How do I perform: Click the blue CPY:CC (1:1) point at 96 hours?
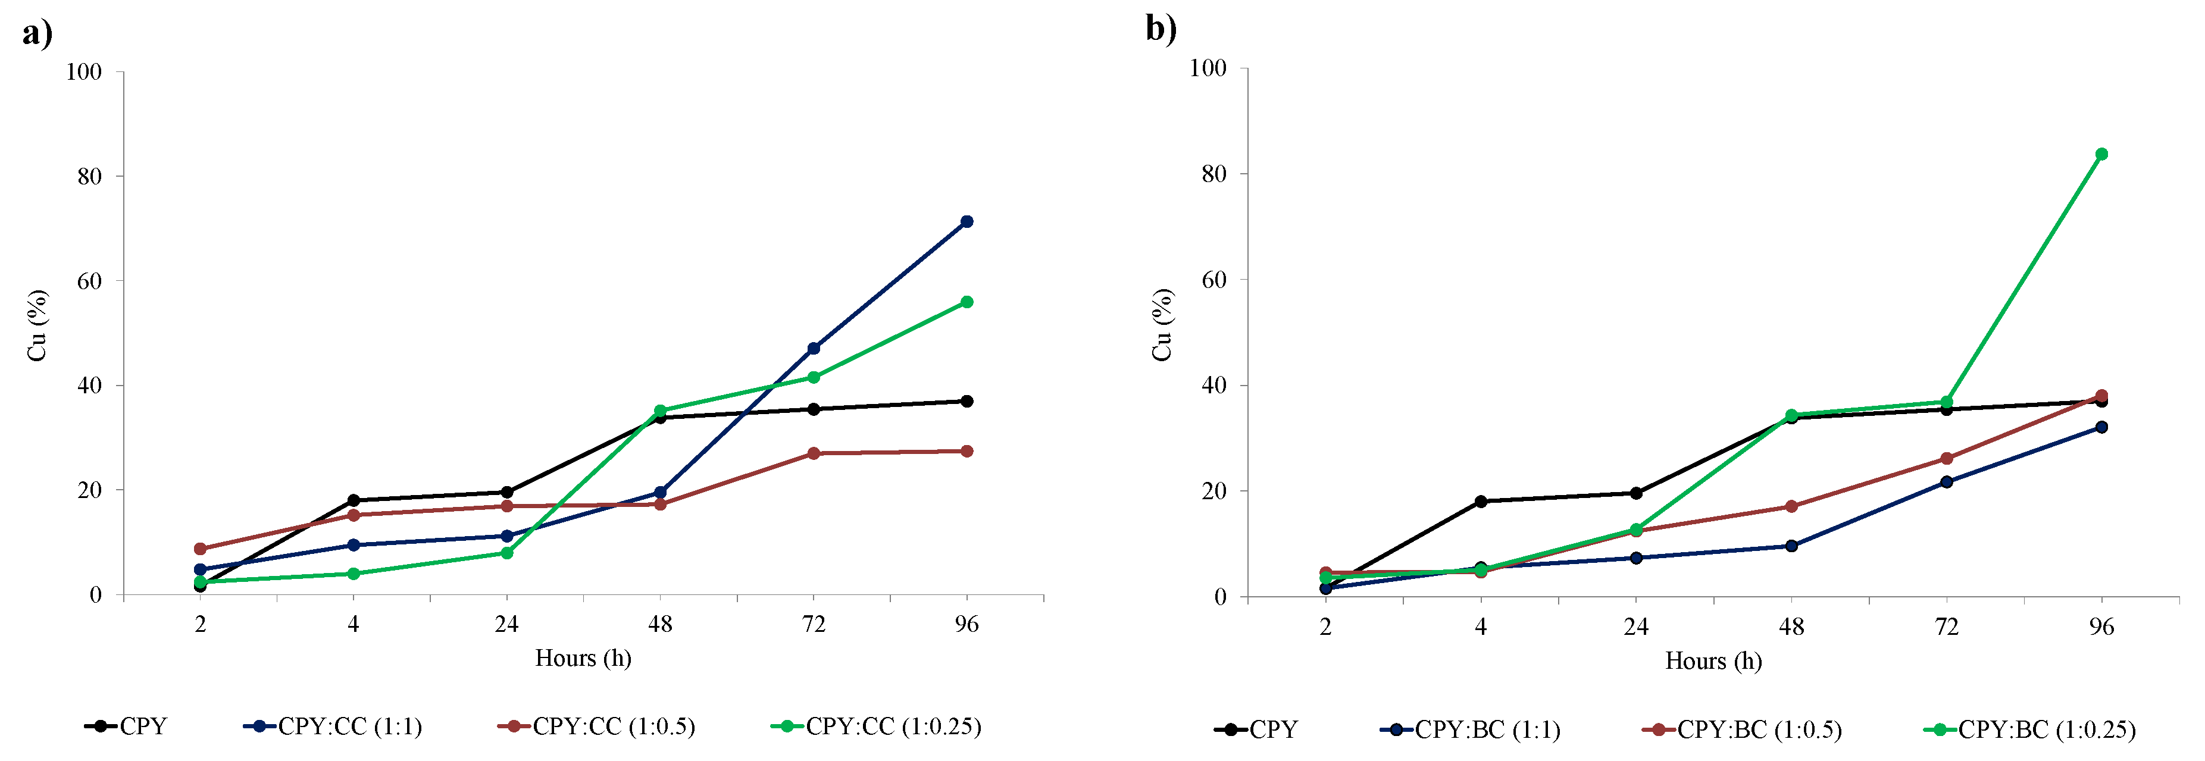pos(967,222)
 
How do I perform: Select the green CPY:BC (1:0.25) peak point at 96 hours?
pos(2101,154)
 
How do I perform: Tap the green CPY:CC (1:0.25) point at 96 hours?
pos(967,302)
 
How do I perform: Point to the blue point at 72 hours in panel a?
pos(813,349)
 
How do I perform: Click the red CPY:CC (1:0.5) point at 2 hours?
pos(201,549)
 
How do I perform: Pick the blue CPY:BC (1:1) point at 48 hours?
pos(1791,546)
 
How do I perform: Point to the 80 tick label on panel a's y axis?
pos(89,176)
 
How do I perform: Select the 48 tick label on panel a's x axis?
pos(660,624)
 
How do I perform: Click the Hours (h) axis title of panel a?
pos(583,658)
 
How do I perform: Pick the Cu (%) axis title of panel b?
pos(1162,325)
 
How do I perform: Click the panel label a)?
pos(37,35)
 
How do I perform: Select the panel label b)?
pos(1161,29)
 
